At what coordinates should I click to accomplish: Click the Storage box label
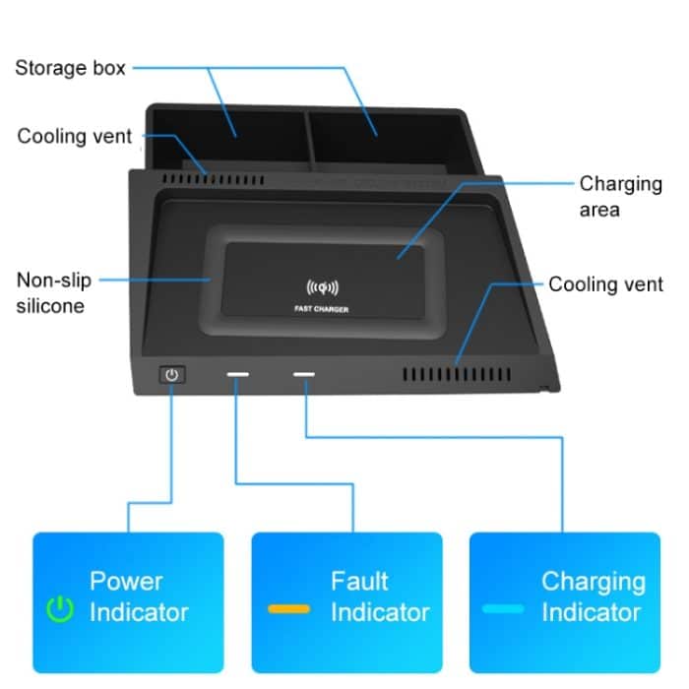coord(70,68)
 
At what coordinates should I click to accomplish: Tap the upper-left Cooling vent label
coord(74,136)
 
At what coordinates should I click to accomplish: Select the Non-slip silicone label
coord(54,293)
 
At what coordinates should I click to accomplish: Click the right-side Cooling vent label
coord(606,284)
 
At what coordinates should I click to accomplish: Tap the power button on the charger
coord(172,375)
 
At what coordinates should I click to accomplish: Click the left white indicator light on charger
coord(238,375)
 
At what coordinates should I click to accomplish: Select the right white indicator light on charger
coord(304,375)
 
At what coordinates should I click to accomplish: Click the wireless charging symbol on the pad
coord(322,288)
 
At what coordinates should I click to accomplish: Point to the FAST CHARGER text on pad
coord(322,309)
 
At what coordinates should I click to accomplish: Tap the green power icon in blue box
coord(61,610)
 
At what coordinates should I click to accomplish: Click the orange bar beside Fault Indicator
coord(288,609)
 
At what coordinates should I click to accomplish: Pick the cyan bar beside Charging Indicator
coord(503,609)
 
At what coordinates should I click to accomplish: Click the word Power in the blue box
coord(126,581)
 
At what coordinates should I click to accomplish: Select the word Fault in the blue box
coord(359,581)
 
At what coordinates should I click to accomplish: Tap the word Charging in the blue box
coord(593,581)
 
